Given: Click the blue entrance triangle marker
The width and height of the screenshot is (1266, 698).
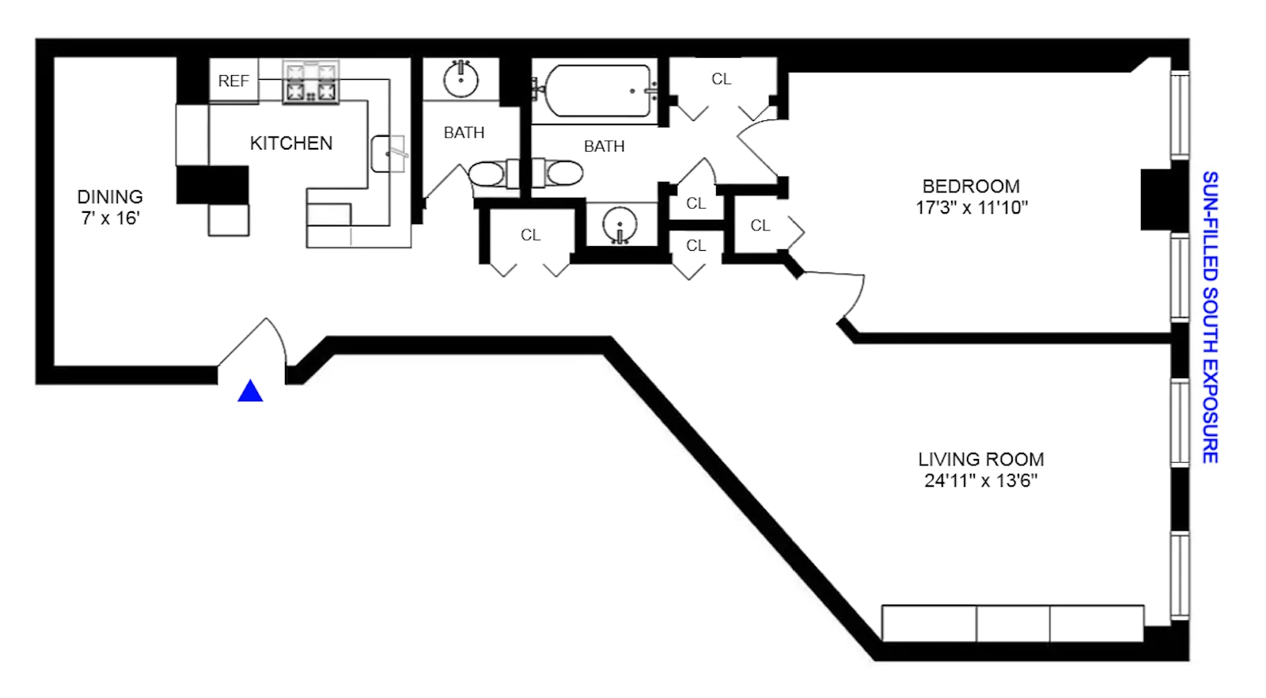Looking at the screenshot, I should point(250,391).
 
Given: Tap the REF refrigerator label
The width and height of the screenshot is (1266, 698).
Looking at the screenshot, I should point(233,81).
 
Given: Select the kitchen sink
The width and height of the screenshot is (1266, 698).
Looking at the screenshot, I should point(388,154).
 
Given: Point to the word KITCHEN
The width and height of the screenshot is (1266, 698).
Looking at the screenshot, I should point(291,143).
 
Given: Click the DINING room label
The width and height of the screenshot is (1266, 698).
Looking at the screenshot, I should point(110,196).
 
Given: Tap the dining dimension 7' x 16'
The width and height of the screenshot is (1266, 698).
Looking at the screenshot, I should point(110,218).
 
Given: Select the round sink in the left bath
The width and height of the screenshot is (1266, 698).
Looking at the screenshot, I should point(461,79).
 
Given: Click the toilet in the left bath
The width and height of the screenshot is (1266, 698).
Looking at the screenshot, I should point(487,173).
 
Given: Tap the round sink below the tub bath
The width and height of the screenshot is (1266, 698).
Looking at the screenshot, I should point(620,225).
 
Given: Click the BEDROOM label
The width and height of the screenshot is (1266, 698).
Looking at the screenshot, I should point(971,186).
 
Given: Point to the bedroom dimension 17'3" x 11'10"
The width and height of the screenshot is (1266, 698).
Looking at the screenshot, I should point(972,207).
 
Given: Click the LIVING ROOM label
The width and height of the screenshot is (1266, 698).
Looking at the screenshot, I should point(980,459).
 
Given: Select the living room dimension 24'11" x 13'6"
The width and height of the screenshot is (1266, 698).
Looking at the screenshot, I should point(980,480).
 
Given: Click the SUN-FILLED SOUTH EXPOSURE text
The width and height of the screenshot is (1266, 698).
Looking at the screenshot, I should point(1210,317).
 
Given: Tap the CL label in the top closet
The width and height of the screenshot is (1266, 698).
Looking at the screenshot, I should point(721,79).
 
